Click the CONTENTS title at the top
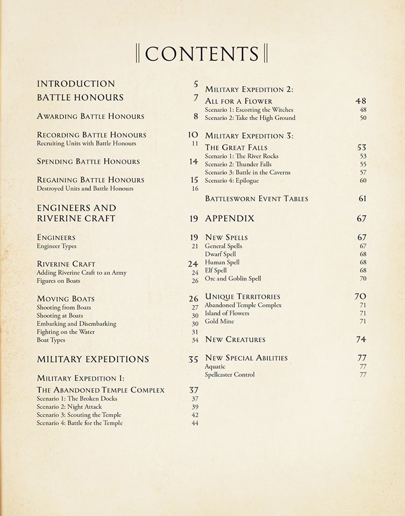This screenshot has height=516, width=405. coord(202,54)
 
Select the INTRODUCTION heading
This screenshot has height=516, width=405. coord(76,84)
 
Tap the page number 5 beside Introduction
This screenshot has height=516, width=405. coord(196,84)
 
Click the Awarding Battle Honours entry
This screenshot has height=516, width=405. coord(90,116)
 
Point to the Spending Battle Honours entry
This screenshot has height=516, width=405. coord(88,161)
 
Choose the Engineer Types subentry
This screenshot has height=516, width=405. coord(56,246)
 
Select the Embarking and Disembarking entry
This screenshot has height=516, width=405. coord(76,324)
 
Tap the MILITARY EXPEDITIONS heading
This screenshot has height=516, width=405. coord(93,359)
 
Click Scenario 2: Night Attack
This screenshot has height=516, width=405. coord(69,407)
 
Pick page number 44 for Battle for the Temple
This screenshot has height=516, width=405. coord(195,423)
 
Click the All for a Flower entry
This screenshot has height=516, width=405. coord(239,101)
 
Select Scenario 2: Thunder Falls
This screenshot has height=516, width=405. coord(238,164)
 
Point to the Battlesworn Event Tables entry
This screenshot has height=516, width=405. coord(257,199)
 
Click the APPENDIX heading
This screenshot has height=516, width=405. coord(230,219)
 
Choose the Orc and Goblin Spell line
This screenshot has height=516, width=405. coord(233,278)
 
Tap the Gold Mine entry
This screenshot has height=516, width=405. coord(219,321)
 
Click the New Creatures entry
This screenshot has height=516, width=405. coord(235,340)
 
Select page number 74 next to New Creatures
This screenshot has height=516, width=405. coord(361,340)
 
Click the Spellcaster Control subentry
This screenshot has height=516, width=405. coord(230,375)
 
